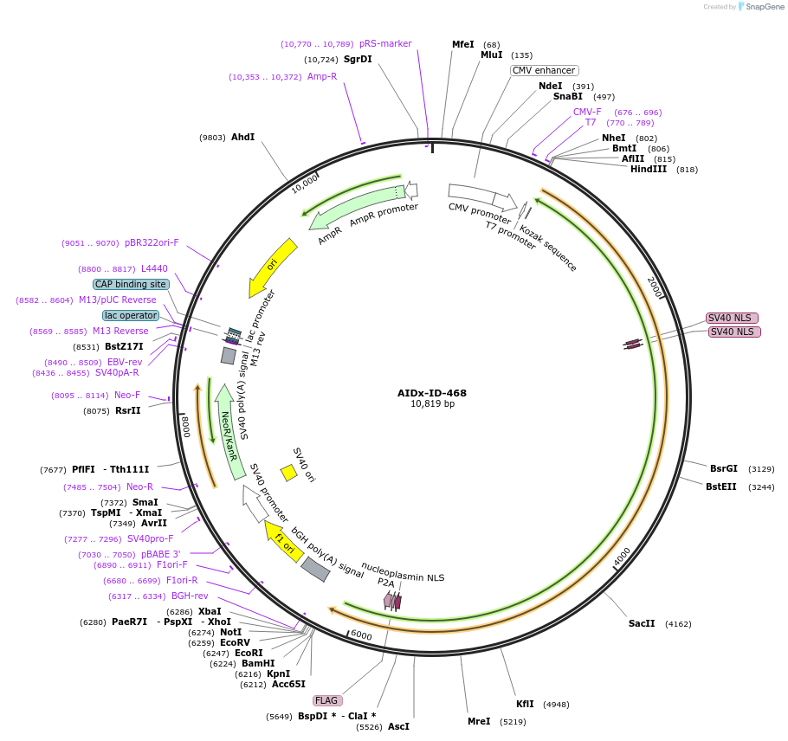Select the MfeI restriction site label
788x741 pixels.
[x=463, y=44]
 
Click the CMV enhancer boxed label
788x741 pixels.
[x=544, y=70]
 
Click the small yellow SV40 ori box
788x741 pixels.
[x=288, y=472]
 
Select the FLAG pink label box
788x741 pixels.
[x=326, y=700]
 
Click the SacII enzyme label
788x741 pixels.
[x=642, y=623]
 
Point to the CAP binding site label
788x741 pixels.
[x=131, y=284]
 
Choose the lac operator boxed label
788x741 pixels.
[x=131, y=315]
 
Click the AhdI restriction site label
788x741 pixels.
[x=242, y=137]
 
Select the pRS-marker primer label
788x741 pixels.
[x=385, y=43]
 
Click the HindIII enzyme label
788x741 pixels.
[x=649, y=170]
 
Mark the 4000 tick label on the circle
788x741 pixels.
[x=622, y=557]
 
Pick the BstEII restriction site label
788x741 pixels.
[x=720, y=486]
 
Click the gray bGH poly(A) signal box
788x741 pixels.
[x=315, y=569]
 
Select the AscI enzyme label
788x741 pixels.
[x=398, y=726]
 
